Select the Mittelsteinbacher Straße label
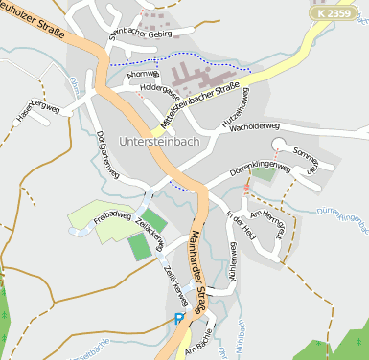click(198, 106)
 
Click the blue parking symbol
click(179, 320)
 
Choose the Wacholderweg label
click(254, 125)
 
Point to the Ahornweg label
click(142, 73)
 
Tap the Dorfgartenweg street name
click(106, 154)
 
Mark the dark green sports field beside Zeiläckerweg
click(141, 246)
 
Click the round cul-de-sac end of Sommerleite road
click(279, 145)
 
